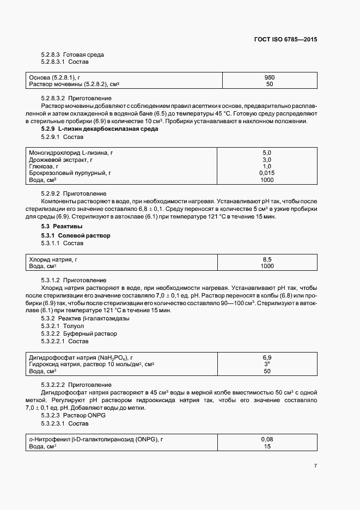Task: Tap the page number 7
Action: [315, 465]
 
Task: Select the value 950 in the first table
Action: [269, 77]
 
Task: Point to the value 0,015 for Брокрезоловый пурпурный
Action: [267, 173]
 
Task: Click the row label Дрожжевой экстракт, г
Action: [60, 160]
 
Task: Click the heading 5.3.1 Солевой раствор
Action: [76, 235]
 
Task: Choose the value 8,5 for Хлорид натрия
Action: [267, 259]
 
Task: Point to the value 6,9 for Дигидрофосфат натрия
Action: [267, 357]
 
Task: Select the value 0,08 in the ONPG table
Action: [267, 439]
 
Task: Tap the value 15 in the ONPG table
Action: [267, 446]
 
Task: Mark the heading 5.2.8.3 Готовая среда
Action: [72, 54]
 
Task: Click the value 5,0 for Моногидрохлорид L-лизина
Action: [267, 153]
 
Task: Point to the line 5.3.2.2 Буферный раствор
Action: [79, 333]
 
